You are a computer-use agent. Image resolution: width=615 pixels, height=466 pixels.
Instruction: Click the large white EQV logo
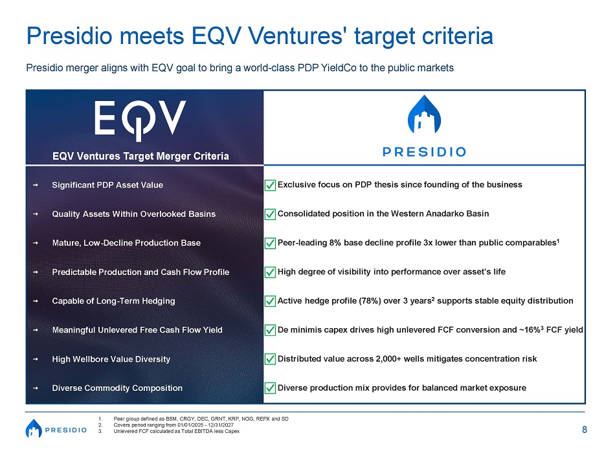click(x=140, y=120)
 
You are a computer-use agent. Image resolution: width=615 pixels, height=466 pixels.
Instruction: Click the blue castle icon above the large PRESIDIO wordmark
click(x=424, y=114)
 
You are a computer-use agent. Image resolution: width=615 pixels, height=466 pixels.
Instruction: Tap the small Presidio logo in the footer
click(x=56, y=428)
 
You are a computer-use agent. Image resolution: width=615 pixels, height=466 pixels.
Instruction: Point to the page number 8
click(x=585, y=430)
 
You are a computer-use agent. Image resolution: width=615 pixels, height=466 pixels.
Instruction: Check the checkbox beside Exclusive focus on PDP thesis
click(x=270, y=185)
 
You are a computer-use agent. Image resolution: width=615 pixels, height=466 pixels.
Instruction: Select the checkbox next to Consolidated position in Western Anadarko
click(x=270, y=214)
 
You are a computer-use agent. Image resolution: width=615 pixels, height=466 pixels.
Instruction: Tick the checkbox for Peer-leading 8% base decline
click(x=270, y=243)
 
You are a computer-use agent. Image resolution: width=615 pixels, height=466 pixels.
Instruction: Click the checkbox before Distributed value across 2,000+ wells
click(x=270, y=359)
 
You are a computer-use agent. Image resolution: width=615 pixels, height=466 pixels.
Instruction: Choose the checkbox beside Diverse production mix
click(x=270, y=388)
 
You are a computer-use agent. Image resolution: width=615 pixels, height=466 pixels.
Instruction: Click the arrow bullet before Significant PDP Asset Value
click(x=36, y=184)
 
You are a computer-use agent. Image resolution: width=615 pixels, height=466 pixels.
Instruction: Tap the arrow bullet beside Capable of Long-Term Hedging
click(x=36, y=301)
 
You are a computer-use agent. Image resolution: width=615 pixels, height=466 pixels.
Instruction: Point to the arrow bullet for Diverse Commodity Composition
click(x=36, y=388)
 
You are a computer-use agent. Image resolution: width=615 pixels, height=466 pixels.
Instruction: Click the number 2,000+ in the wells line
click(x=388, y=359)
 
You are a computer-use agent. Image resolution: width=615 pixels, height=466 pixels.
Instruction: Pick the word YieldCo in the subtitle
click(x=339, y=68)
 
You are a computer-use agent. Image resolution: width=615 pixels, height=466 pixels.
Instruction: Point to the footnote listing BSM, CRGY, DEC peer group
click(x=201, y=419)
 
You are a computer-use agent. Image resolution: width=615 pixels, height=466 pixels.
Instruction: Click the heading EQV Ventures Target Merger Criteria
click(x=140, y=156)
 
